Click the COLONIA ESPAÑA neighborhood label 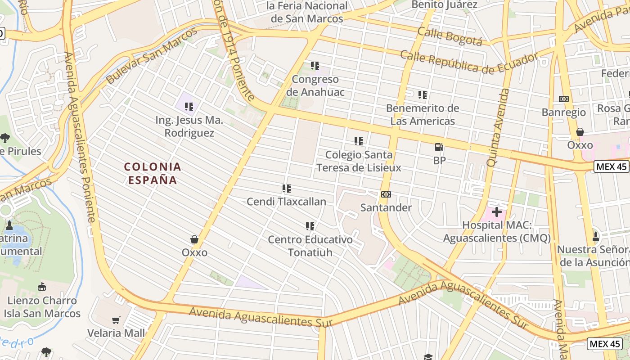(153, 173)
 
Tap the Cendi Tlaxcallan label (286, 202)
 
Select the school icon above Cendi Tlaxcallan (286, 189)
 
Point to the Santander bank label (386, 207)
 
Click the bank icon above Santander (386, 194)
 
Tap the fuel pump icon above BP (439, 147)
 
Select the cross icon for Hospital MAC (497, 211)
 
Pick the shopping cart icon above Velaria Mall (116, 320)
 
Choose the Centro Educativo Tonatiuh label (310, 246)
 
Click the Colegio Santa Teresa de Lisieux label (359, 161)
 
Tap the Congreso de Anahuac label (315, 85)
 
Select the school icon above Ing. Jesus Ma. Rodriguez (189, 107)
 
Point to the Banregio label (564, 112)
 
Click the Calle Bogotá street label (450, 36)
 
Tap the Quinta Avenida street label (498, 127)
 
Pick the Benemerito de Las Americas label (423, 115)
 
